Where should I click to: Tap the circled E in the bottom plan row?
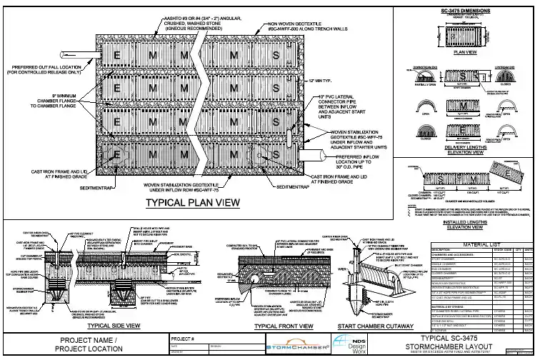pos(119,154)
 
